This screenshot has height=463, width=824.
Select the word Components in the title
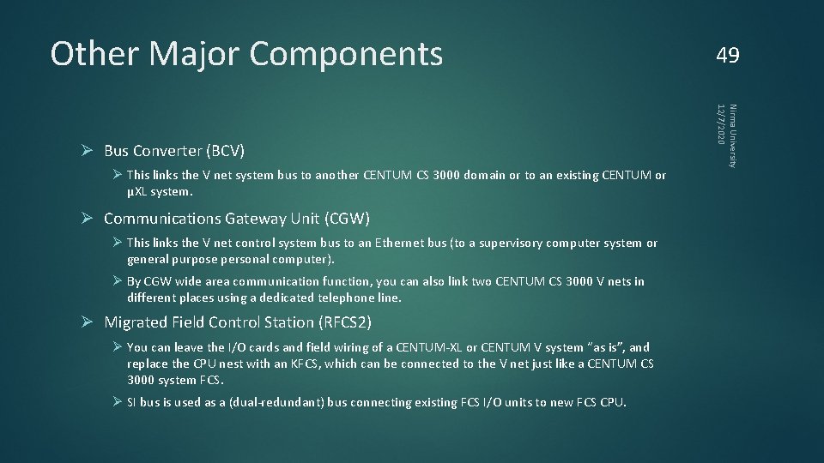tap(346, 53)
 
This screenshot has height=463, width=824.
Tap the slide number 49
tap(727, 56)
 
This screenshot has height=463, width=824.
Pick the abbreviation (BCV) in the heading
tap(225, 151)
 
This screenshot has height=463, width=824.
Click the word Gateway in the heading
tap(257, 218)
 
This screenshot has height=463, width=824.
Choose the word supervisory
tap(540, 244)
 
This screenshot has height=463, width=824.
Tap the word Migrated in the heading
tap(136, 322)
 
